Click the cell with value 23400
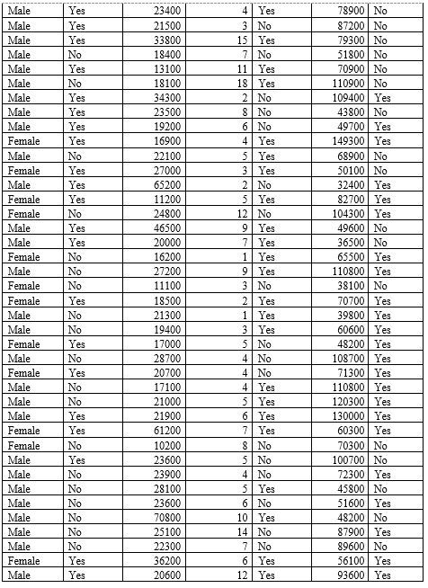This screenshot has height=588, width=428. tap(167, 12)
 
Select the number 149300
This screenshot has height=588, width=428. tap(347, 141)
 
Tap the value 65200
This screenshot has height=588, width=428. tap(167, 184)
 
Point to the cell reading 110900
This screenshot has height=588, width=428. tap(347, 84)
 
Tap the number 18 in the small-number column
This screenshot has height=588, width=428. tap(242, 84)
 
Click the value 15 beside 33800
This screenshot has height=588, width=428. tap(242, 40)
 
